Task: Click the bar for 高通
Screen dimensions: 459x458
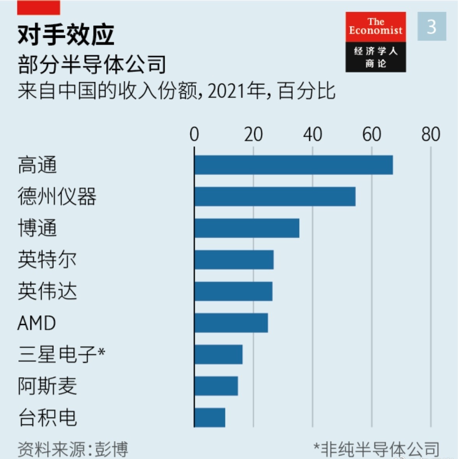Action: coord(294,165)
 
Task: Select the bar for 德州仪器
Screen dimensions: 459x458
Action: coord(275,196)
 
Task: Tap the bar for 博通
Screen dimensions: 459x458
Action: coord(247,228)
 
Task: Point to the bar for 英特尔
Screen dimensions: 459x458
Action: coord(234,260)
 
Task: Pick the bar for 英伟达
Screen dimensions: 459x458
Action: coord(233,291)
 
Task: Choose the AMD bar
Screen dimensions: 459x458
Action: coord(231,323)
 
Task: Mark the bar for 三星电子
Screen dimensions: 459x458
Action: coord(218,354)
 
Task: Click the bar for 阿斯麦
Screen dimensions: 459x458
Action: coord(216,386)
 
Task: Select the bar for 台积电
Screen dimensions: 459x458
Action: coord(210,417)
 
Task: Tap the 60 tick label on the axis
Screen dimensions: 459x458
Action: coord(371,134)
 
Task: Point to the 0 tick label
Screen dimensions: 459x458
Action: coord(194,134)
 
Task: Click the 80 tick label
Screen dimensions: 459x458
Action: coord(430,134)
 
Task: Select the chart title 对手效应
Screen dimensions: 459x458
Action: coord(66,35)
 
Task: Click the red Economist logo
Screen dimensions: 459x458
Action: coord(375,27)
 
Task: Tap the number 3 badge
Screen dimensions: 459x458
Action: coord(432,26)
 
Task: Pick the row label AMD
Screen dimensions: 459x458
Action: coord(37,323)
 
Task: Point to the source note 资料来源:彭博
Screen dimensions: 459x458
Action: coord(73,449)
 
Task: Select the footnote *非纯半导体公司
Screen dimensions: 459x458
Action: coord(376,449)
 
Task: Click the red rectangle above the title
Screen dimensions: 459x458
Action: coord(39,8)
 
